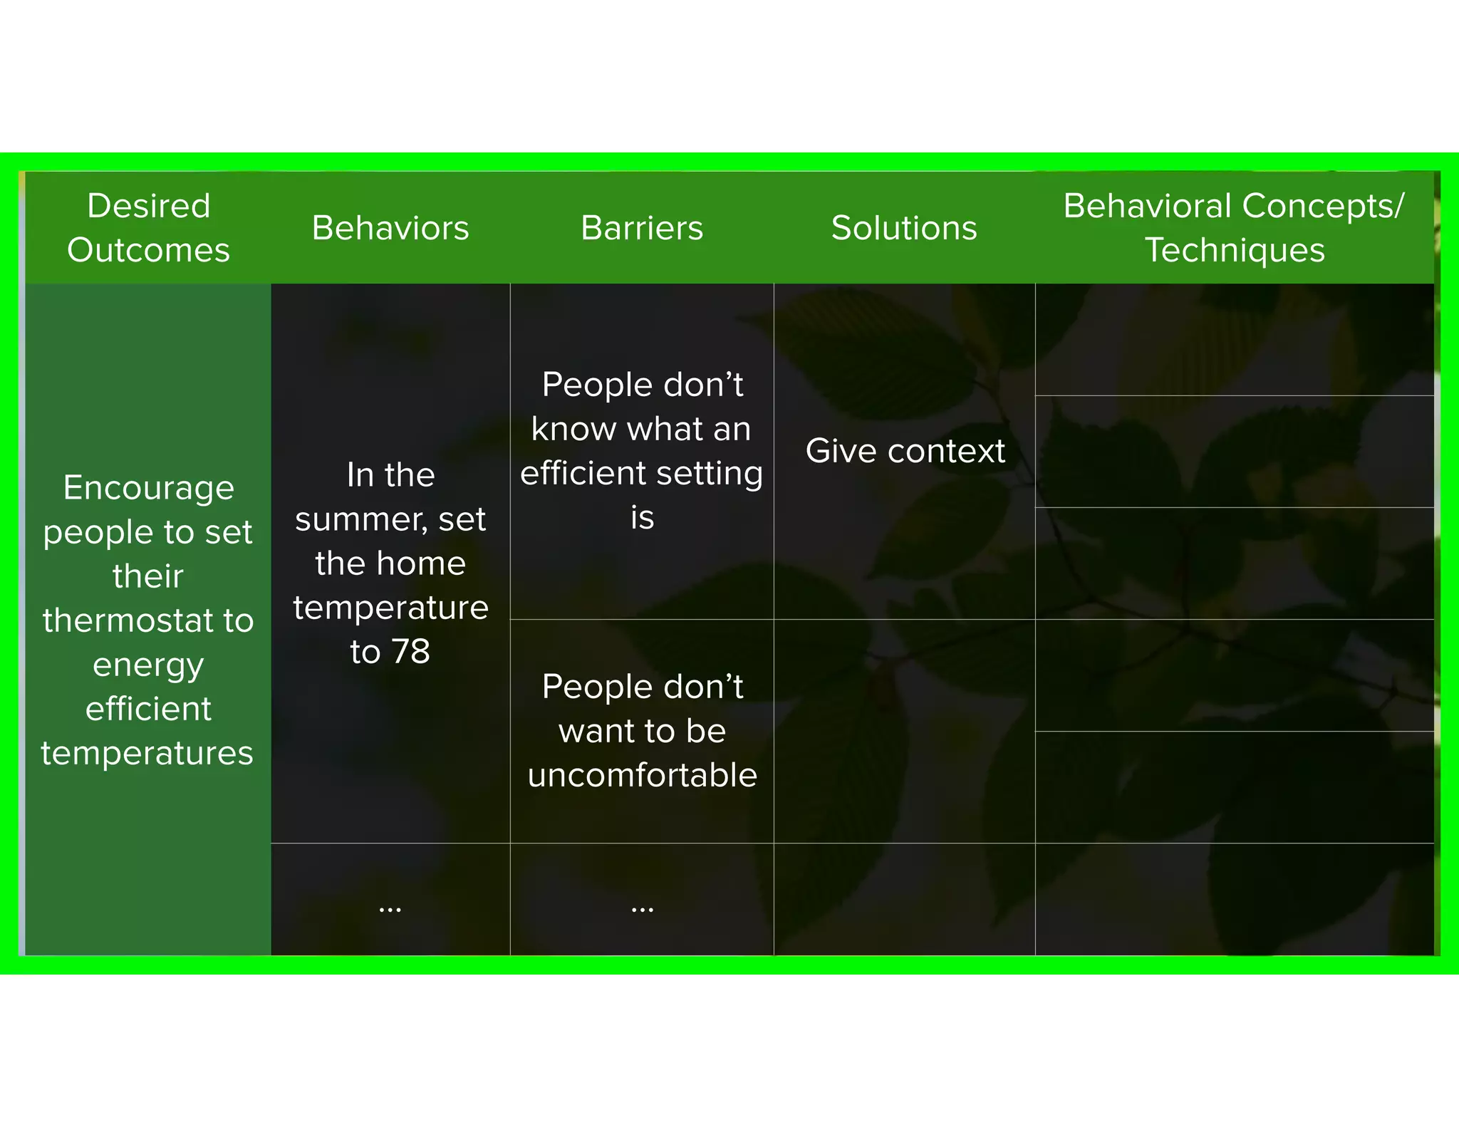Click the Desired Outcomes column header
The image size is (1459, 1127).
point(148,228)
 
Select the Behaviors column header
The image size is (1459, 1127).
point(390,228)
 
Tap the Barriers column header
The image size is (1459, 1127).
point(642,228)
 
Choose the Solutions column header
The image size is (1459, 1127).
point(904,228)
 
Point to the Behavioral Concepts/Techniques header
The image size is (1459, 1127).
point(1234,228)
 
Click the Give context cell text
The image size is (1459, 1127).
point(905,451)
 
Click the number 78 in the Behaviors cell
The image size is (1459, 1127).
point(411,651)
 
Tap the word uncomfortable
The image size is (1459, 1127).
point(642,775)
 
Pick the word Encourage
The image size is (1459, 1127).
point(148,488)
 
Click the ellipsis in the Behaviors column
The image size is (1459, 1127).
point(390,908)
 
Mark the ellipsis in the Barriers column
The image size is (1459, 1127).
point(642,908)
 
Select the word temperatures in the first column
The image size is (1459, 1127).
point(147,753)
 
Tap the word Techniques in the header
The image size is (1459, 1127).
point(1235,251)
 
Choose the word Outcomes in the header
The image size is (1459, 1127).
point(148,251)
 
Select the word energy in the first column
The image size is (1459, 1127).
point(148,665)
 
